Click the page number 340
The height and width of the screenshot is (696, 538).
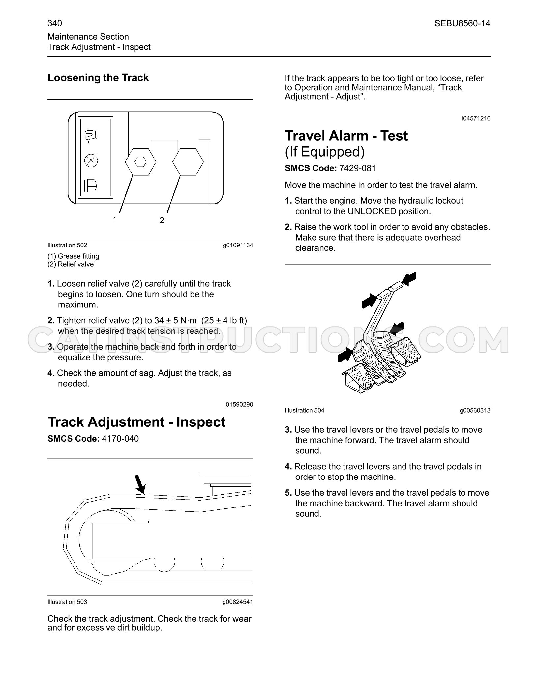55,23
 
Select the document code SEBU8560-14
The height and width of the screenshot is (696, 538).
462,23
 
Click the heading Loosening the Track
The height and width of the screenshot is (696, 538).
98,78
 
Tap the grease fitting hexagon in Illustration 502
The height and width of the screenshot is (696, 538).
141,162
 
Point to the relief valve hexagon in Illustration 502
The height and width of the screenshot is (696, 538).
188,162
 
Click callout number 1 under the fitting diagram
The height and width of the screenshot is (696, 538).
114,219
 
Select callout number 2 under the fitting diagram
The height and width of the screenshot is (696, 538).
162,220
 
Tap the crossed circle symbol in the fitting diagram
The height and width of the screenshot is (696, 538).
91,160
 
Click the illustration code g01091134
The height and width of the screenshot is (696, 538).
238,245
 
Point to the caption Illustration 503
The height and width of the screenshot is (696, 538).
67,602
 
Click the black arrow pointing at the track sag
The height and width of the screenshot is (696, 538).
140,484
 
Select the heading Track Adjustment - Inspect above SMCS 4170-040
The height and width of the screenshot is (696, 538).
136,422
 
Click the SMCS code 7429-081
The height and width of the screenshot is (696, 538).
358,168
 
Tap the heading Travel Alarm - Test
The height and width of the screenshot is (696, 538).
346,136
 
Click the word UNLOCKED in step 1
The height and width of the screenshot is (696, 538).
372,211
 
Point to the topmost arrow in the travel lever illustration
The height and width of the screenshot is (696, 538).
409,279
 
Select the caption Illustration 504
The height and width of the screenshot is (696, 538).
305,410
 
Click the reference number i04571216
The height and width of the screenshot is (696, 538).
476,118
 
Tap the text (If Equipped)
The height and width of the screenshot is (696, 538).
325,152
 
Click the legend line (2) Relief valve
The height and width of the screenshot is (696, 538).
71,264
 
